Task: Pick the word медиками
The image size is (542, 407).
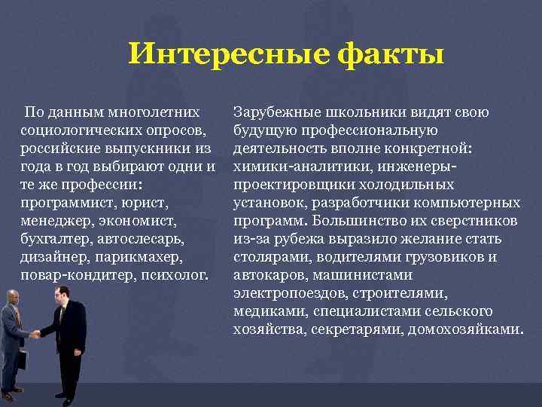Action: (x=263, y=311)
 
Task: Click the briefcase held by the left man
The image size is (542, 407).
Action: (x=21, y=359)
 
